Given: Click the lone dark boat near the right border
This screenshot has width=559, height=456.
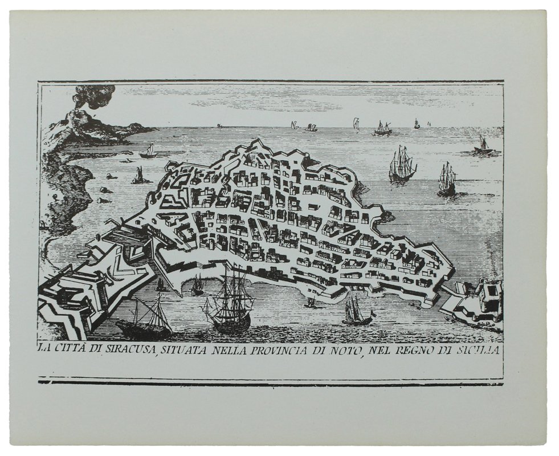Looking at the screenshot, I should click(483, 147).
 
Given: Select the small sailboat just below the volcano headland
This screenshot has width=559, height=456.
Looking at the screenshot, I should click(149, 152).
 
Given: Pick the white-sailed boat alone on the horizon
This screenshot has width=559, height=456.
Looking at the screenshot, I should click(356, 123).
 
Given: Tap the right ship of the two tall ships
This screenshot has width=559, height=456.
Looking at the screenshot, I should click(447, 179).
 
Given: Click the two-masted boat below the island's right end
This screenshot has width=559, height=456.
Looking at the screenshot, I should click(356, 313).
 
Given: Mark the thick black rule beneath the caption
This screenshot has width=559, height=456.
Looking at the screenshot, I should click(270, 382).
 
